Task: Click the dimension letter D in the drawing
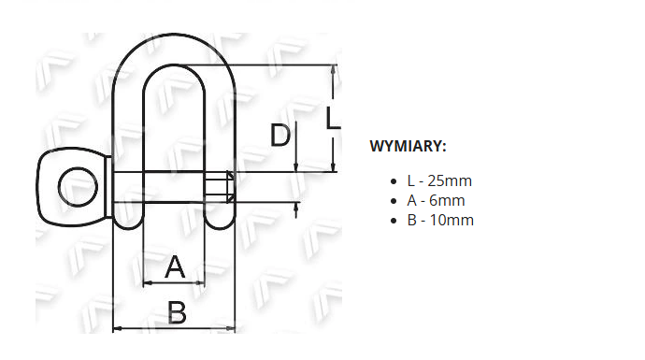280,135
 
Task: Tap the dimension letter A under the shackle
175,266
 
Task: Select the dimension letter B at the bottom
178,312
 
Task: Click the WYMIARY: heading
408,146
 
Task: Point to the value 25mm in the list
450,180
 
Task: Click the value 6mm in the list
447,200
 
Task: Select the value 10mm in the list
451,220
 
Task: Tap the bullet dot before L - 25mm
394,181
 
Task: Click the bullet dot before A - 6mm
394,201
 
